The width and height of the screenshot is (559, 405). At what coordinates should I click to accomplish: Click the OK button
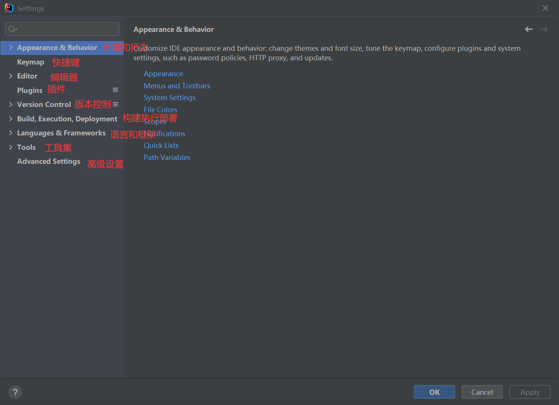click(434, 392)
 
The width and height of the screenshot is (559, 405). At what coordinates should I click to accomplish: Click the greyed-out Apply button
click(530, 392)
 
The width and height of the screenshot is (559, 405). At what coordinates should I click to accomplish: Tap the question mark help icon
click(15, 392)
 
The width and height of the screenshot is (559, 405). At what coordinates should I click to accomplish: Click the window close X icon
click(545, 8)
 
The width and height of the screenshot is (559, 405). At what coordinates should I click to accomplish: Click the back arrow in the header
click(529, 29)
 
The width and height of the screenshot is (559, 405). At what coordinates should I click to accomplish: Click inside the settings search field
click(64, 29)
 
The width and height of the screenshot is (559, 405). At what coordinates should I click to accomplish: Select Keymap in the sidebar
click(31, 62)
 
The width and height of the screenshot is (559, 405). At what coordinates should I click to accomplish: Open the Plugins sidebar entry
click(30, 90)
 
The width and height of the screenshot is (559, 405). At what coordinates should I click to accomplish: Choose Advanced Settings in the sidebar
click(49, 162)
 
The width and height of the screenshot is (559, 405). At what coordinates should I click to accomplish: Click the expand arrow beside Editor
click(11, 76)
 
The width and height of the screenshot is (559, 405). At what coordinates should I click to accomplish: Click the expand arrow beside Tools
click(11, 147)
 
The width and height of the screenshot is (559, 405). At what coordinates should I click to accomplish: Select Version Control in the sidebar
click(44, 104)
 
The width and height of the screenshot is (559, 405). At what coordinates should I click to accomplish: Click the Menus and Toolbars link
click(177, 86)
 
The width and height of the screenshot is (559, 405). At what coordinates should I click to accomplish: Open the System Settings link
click(170, 97)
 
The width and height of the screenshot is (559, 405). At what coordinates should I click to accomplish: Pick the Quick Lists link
click(161, 145)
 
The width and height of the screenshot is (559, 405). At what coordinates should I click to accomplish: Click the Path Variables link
click(167, 157)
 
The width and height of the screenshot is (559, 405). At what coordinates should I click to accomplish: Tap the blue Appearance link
click(163, 74)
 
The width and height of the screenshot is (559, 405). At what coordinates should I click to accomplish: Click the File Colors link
click(160, 110)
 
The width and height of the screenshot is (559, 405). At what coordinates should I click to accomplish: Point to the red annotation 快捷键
click(66, 63)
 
